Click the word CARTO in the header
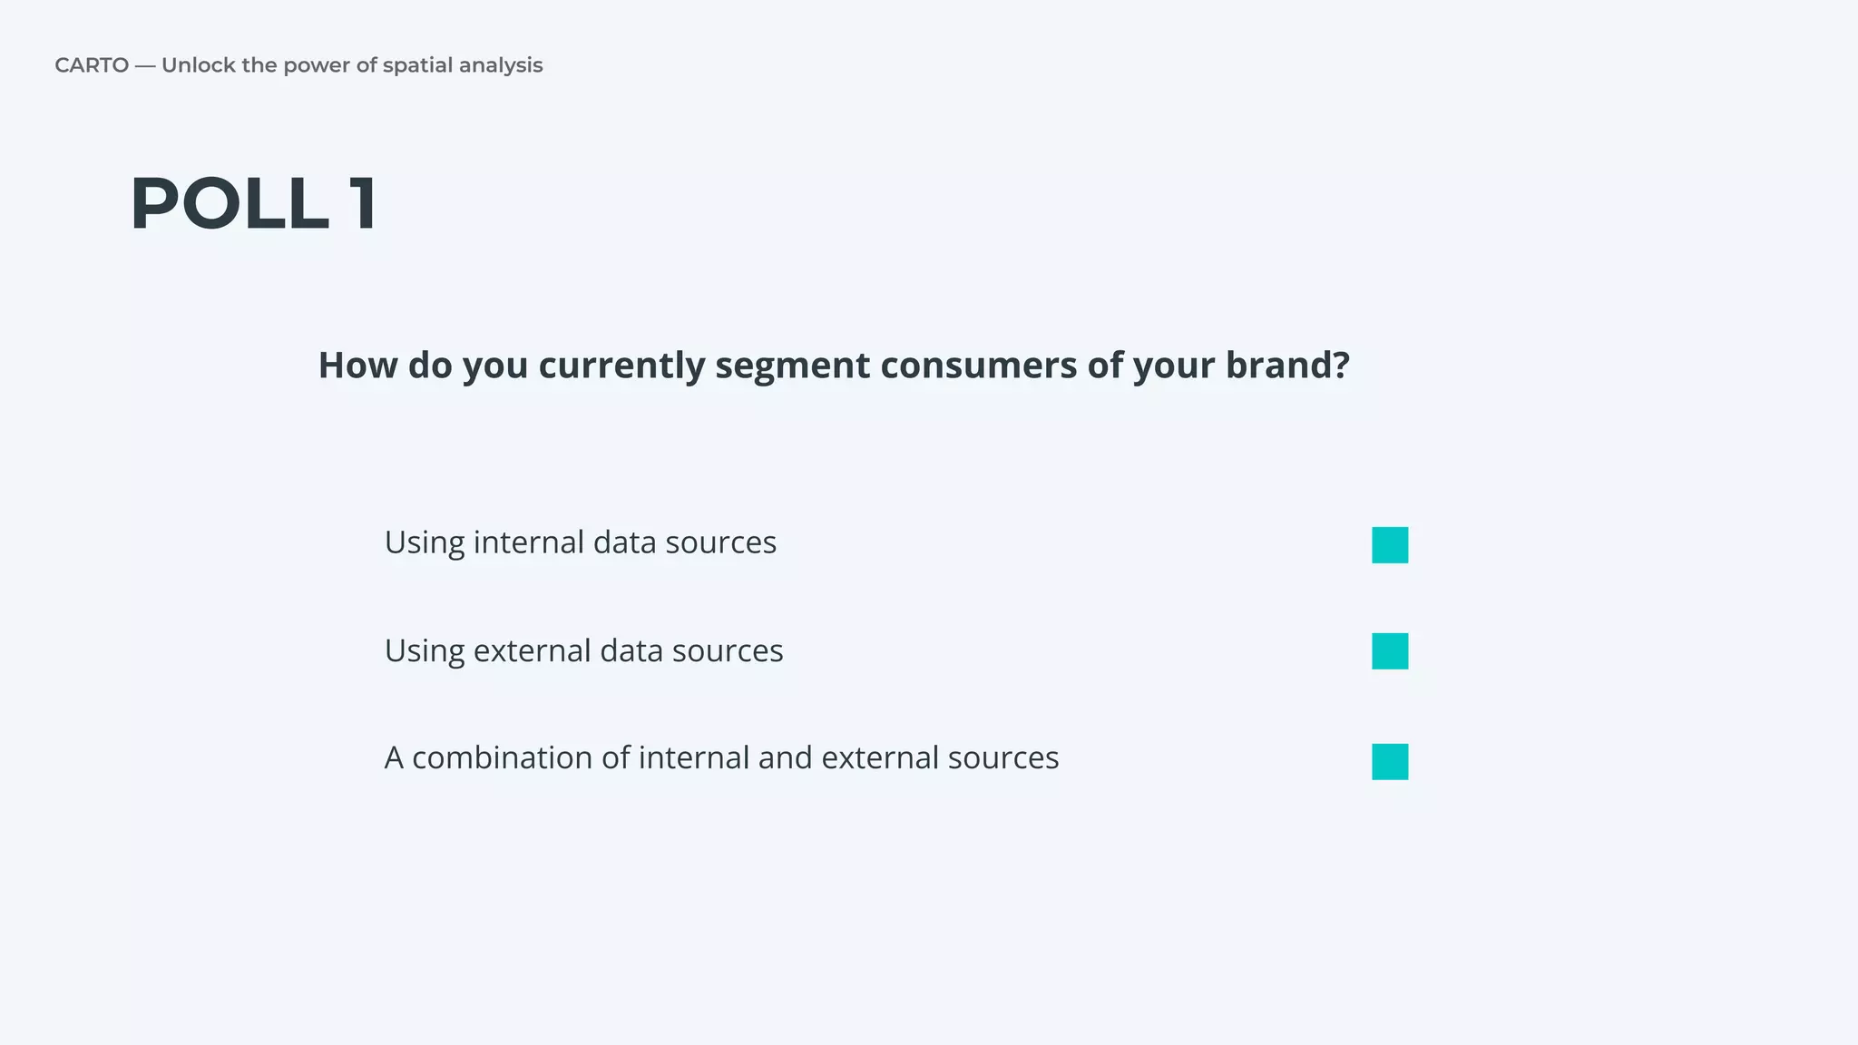click(92, 65)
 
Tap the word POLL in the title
click(230, 204)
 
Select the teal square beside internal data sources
click(1390, 545)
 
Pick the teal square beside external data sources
click(1390, 651)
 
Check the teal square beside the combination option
click(1390, 762)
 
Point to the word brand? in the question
click(1287, 366)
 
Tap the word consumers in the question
click(978, 366)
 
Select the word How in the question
click(357, 366)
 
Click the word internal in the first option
click(529, 542)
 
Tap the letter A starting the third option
click(394, 758)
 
